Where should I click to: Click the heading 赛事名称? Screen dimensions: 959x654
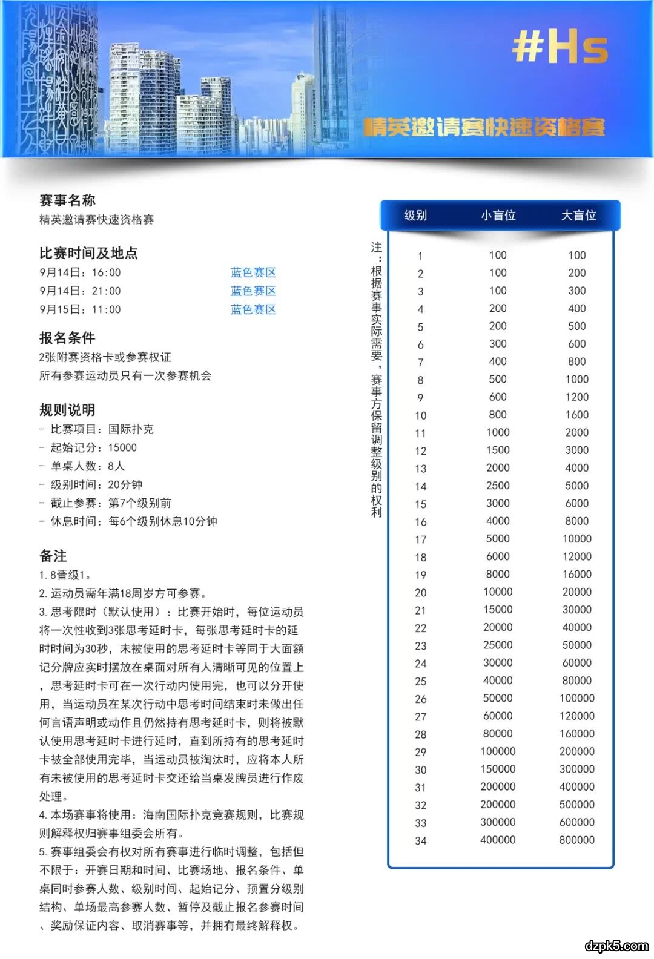[x=67, y=200]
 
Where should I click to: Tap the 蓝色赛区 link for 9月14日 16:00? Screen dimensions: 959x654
[x=253, y=272]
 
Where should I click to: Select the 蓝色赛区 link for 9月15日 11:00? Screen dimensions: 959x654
[x=253, y=309]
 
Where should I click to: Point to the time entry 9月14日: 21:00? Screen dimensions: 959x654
[x=80, y=291]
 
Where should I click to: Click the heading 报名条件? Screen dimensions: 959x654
[x=67, y=338]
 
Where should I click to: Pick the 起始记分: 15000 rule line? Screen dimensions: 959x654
[x=93, y=448]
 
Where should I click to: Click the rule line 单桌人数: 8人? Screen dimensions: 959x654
[x=87, y=466]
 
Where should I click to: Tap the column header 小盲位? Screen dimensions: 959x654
[x=498, y=216]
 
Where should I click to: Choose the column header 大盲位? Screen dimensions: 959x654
[x=578, y=216]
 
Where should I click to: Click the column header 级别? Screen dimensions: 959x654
[x=415, y=216]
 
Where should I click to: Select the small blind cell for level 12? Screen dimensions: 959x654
[x=498, y=450]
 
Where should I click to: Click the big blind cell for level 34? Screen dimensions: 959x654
[x=576, y=840]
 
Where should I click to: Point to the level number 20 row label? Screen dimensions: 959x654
[x=421, y=593]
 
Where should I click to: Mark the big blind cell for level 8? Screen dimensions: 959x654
[x=576, y=380]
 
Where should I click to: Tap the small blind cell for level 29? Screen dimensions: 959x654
[x=498, y=752]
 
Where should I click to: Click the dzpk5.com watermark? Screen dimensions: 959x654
[x=616, y=945]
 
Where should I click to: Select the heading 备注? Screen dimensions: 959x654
[x=53, y=556]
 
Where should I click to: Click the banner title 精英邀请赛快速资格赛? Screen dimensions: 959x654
[x=484, y=127]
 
